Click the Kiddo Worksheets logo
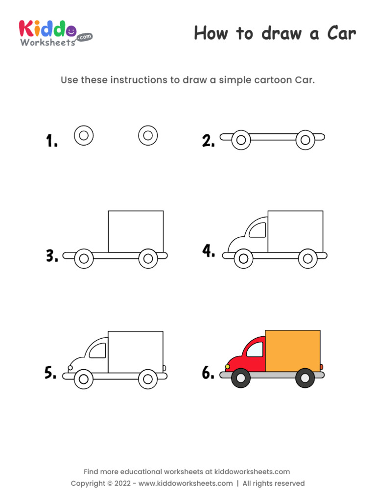point(54,33)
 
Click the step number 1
point(51,142)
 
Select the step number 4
point(209,251)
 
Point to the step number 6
point(208,373)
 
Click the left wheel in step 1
point(84,135)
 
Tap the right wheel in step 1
point(148,135)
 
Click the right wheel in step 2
point(305,140)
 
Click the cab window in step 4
point(258,229)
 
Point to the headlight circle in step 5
point(70,368)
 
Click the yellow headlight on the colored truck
point(228,366)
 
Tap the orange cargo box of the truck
point(293,351)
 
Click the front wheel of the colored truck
point(241,378)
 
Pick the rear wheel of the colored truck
point(305,378)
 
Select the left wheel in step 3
point(84,258)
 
